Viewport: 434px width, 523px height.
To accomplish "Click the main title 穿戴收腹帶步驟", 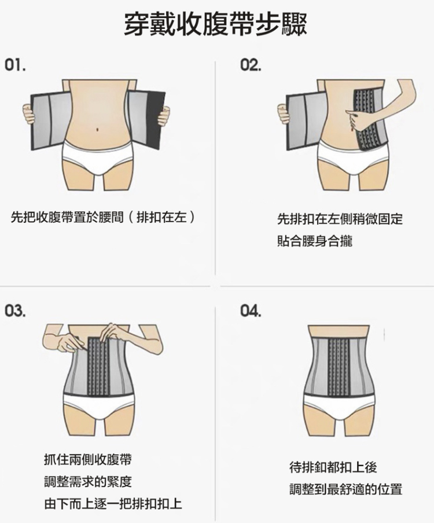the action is (x=215, y=24).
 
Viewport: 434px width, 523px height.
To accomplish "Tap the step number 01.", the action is (x=15, y=65).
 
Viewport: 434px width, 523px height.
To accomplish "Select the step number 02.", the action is (x=251, y=65).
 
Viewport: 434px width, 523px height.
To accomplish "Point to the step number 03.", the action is (x=15, y=311).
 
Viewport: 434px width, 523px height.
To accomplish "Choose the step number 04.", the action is (x=251, y=311).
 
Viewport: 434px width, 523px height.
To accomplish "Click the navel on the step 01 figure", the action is (x=97, y=129).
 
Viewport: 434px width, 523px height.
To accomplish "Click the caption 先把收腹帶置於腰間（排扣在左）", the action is (x=102, y=217).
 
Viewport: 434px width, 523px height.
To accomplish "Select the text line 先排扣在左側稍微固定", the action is (x=340, y=219).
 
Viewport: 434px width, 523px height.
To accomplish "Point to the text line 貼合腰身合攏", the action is (x=315, y=241).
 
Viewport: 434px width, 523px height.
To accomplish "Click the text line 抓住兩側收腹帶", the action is (x=88, y=460).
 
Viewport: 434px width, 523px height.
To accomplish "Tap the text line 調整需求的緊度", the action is (x=88, y=481).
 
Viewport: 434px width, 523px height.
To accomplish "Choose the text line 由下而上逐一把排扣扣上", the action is (x=113, y=503).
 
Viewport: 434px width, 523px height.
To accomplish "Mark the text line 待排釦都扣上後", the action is (x=333, y=467).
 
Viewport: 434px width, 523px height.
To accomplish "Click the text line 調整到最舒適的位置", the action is (x=345, y=489).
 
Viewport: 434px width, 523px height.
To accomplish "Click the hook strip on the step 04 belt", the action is (x=339, y=366).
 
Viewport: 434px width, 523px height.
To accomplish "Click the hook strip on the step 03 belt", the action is (x=98, y=366).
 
